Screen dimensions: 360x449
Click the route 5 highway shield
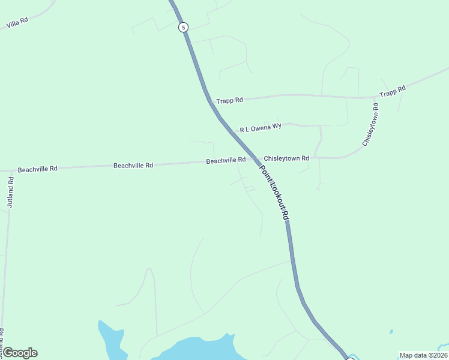click(183, 27)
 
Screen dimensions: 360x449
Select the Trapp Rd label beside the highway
click(230, 100)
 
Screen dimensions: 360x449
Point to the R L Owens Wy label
click(261, 128)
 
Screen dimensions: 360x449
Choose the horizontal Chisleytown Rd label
click(286, 158)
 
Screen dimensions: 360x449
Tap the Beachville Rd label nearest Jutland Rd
click(37, 169)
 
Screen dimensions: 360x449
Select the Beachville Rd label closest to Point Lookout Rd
click(226, 160)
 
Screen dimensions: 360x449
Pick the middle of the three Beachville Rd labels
click(133, 165)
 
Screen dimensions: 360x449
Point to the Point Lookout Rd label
click(276, 192)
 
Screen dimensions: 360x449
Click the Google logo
click(20, 353)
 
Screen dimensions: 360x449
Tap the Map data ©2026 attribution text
click(423, 355)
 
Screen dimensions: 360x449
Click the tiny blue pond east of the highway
click(391, 331)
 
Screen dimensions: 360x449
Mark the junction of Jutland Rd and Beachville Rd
click(11, 171)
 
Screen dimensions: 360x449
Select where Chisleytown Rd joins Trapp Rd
click(376, 97)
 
